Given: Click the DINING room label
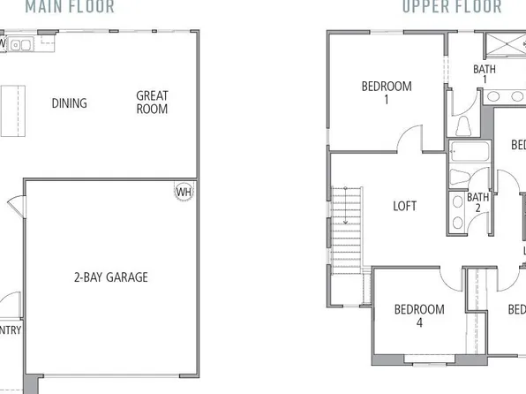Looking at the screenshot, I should coord(69,103).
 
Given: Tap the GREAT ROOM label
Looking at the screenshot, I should coord(152,102).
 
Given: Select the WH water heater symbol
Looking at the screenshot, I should coord(184,192).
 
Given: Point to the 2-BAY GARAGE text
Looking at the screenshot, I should coord(110,277).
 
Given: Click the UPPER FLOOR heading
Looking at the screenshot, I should coord(451,7).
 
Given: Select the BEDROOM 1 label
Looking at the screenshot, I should coord(387,93).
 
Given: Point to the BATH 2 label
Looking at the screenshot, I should coord(477,203).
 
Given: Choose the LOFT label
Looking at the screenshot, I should coord(404,206).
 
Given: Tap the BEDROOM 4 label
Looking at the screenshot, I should coord(418,316).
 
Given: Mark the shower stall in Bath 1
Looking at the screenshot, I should coord(502,46).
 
